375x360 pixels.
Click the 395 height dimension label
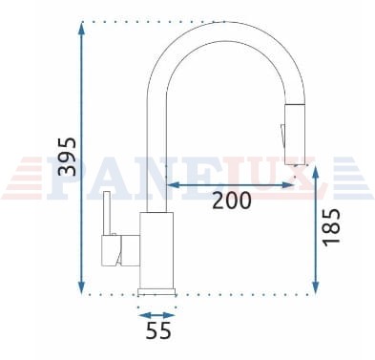pos(68,157)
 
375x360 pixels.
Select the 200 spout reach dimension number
pos(232,201)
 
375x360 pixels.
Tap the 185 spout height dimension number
pos(331,227)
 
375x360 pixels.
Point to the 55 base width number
pos(158,330)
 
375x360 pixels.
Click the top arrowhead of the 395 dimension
pos(82,28)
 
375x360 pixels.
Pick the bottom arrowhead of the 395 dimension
pos(82,288)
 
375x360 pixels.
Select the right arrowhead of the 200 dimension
pos(288,184)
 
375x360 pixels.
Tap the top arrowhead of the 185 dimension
pos(316,172)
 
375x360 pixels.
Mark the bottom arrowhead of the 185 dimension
pos(316,287)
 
